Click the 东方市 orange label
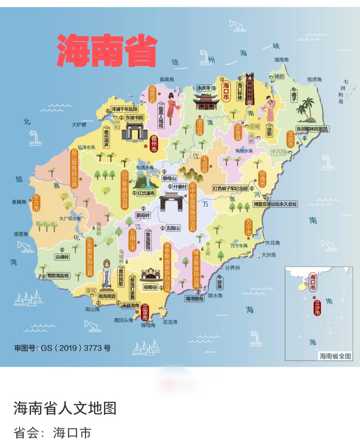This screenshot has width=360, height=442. [x=36, y=205]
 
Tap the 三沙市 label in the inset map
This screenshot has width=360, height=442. [x=317, y=307]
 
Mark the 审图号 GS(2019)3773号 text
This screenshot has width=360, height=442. [x=63, y=348]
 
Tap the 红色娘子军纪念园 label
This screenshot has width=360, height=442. [x=230, y=188]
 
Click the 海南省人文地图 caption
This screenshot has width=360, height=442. [x=65, y=408]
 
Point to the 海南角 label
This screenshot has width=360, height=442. [x=283, y=59]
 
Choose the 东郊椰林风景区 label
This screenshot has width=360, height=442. [x=312, y=129]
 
